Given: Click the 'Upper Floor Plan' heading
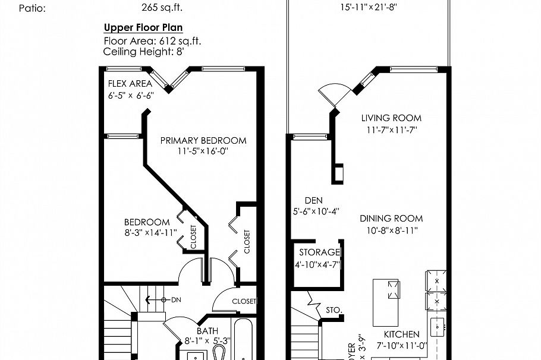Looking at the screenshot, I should coord(143,27).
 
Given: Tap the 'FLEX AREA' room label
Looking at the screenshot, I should coord(130,84).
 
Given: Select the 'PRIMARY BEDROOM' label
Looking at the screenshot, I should coord(203,140).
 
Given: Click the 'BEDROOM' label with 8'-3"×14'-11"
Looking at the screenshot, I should coord(147,222).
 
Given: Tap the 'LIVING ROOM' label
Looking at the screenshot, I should coord(391,118).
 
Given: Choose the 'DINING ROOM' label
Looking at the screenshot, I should coord(391,219).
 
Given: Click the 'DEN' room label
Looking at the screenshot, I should coord(313,201).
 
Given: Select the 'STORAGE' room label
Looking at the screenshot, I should coord(319,252).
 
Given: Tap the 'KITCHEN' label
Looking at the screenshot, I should coord(401,334).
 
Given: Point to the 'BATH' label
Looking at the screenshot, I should coord(207,331).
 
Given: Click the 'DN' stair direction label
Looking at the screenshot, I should coord(176,300).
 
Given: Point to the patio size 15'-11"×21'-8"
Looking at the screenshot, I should coord(369,8).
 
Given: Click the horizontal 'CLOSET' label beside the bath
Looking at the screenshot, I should coord(244,301).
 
